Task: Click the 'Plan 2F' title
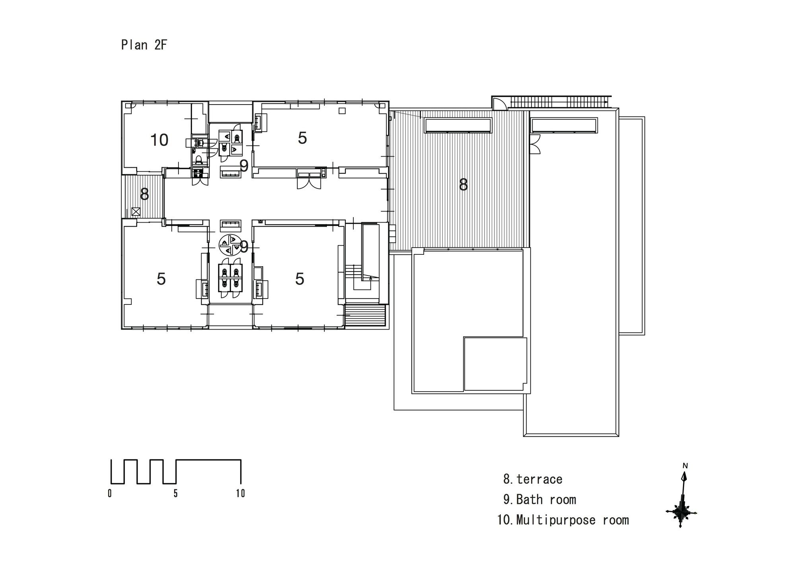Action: point(144,45)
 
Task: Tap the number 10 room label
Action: point(159,140)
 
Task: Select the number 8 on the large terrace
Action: point(463,185)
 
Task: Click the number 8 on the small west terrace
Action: point(145,194)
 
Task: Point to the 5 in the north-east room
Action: point(302,138)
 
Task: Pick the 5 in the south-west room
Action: point(161,279)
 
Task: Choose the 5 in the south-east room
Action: point(300,279)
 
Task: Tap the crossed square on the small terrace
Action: point(136,211)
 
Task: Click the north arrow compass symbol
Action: point(682,500)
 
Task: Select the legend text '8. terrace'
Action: point(533,479)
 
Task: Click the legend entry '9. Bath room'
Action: point(539,499)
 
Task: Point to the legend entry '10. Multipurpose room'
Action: point(563,520)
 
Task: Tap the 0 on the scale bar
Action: point(110,494)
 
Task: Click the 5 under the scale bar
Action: point(175,494)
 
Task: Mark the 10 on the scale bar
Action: point(240,494)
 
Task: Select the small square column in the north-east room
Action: point(342,111)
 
